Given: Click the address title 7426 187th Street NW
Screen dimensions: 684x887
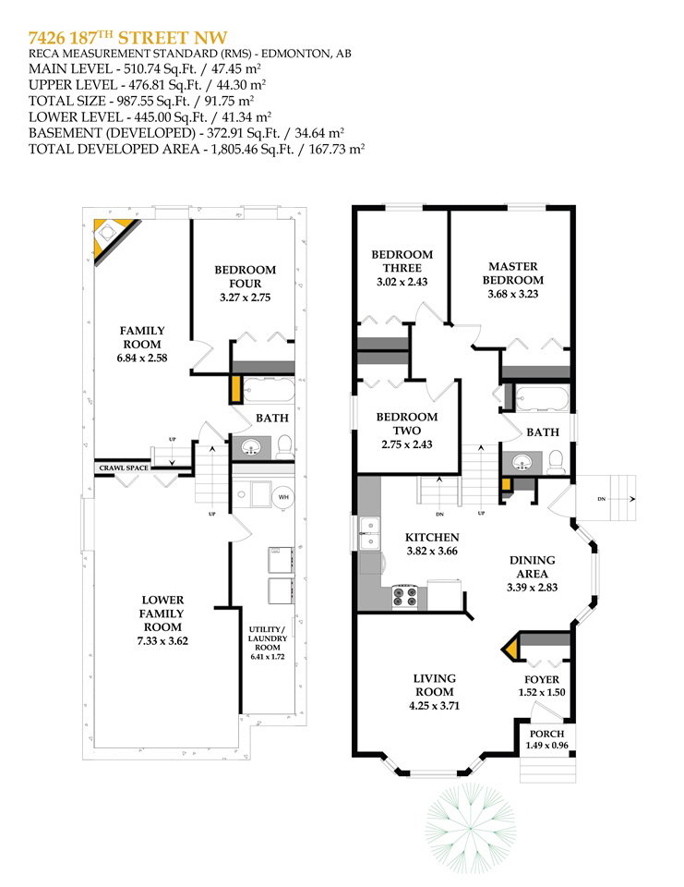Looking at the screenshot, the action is coord(127,37).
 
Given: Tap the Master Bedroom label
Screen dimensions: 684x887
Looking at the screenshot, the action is coord(512,273).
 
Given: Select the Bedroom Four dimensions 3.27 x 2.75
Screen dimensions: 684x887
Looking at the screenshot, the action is coord(246,297).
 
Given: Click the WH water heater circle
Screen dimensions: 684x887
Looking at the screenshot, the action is coord(283,497).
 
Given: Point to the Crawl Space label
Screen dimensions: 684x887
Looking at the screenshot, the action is coord(124,468).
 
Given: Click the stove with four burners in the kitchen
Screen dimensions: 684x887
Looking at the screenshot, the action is coord(404,597).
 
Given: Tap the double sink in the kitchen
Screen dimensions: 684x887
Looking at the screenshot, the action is coord(370,533).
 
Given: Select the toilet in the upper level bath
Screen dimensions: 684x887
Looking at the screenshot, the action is coord(557,462).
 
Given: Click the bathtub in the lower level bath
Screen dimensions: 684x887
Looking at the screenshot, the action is coord(269,390).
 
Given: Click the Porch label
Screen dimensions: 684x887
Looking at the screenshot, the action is coord(546,734).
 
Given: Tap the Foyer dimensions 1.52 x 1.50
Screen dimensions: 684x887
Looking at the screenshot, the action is coord(542,692).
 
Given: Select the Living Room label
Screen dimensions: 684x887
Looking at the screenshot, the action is coord(434,685).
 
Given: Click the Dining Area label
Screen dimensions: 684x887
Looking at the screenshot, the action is coord(532,566).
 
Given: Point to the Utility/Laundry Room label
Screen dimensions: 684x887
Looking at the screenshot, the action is coord(268,638).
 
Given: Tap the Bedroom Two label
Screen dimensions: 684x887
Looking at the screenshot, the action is coord(407,423).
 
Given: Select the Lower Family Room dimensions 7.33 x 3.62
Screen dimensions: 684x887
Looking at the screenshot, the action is coord(162,641).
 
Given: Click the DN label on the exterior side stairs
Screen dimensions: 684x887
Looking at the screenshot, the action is coord(602,499).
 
